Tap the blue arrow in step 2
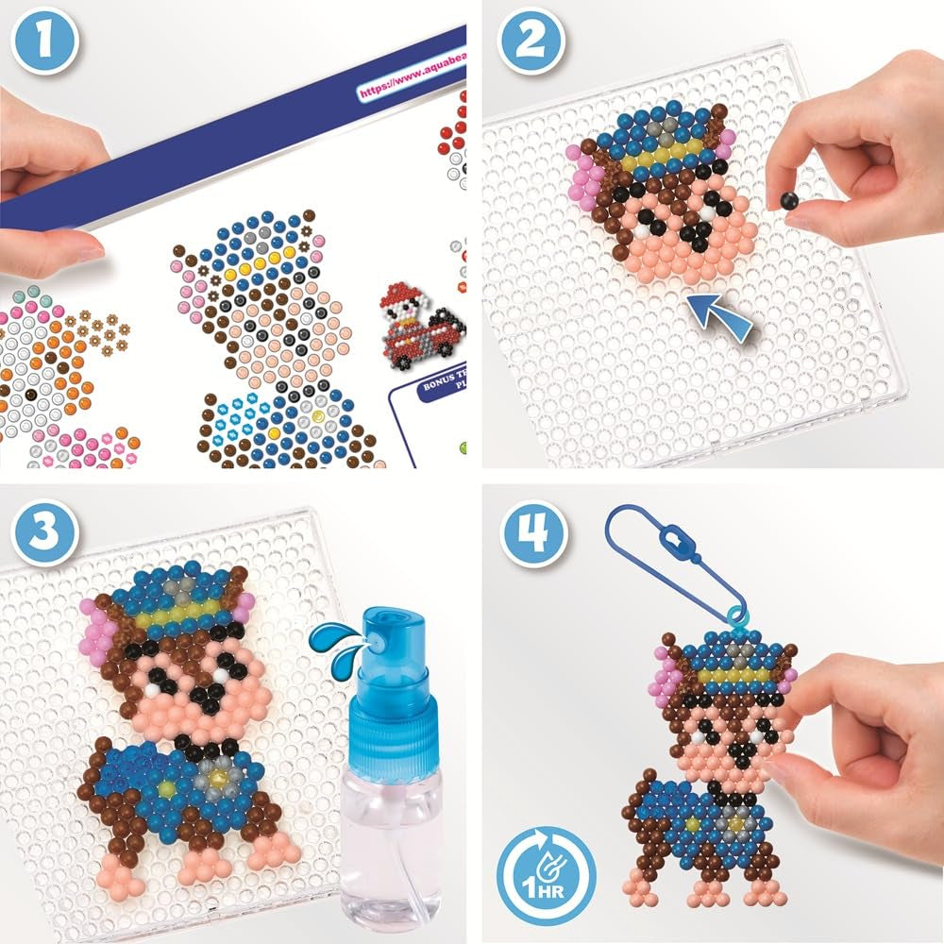click(720, 316)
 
